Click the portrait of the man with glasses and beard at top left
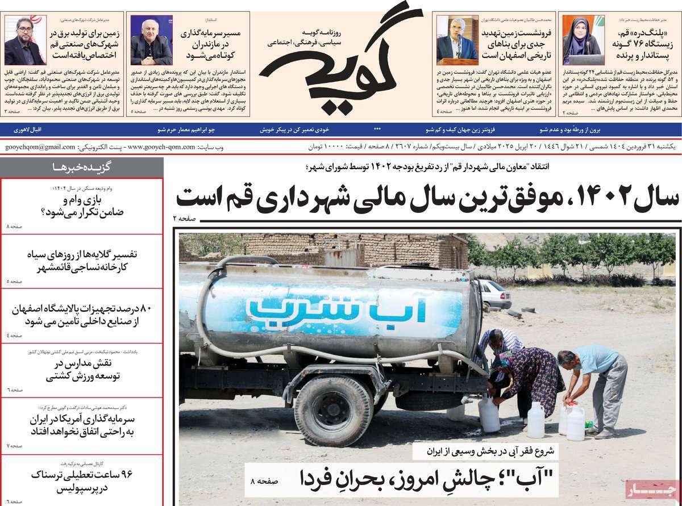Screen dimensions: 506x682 coord(24,41)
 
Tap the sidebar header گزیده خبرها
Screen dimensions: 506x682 coord(81,166)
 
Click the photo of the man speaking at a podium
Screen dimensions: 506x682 coord(458,41)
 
